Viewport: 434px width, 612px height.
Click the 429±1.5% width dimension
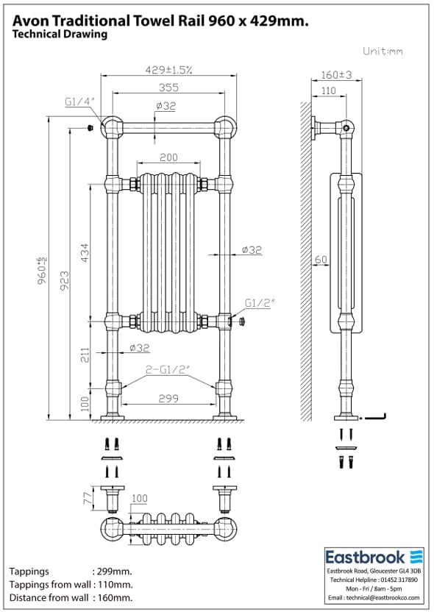168,70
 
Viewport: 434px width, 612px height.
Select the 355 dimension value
168,87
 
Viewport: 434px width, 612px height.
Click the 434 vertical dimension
85,252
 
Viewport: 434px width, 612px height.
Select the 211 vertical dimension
85,355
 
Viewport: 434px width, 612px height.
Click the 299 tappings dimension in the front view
169,397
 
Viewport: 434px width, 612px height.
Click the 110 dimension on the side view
328,90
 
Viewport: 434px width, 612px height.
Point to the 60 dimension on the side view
320,260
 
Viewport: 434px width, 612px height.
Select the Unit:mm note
383,51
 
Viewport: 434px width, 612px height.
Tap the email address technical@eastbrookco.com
374,598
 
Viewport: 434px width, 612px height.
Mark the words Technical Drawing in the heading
60,35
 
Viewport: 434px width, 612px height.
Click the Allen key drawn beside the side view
377,418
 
